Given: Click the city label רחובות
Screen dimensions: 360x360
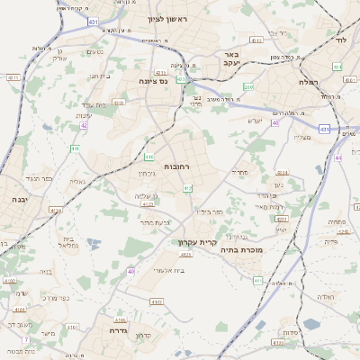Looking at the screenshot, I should pos(176,155).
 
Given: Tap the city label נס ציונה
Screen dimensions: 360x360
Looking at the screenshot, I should pos(160,81).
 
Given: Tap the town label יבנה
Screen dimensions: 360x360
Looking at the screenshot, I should pos(19,198).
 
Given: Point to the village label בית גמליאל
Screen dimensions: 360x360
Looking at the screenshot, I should pos(61,242).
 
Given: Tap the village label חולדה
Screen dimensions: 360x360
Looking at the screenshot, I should pos(326,296).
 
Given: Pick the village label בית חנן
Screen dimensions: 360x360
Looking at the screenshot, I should pos(99,76).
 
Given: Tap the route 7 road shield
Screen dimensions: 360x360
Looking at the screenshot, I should pos(26,339).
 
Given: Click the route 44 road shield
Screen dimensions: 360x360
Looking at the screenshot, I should pos(338,157).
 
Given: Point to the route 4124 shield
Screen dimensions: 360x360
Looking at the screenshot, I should pos(57,211).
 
